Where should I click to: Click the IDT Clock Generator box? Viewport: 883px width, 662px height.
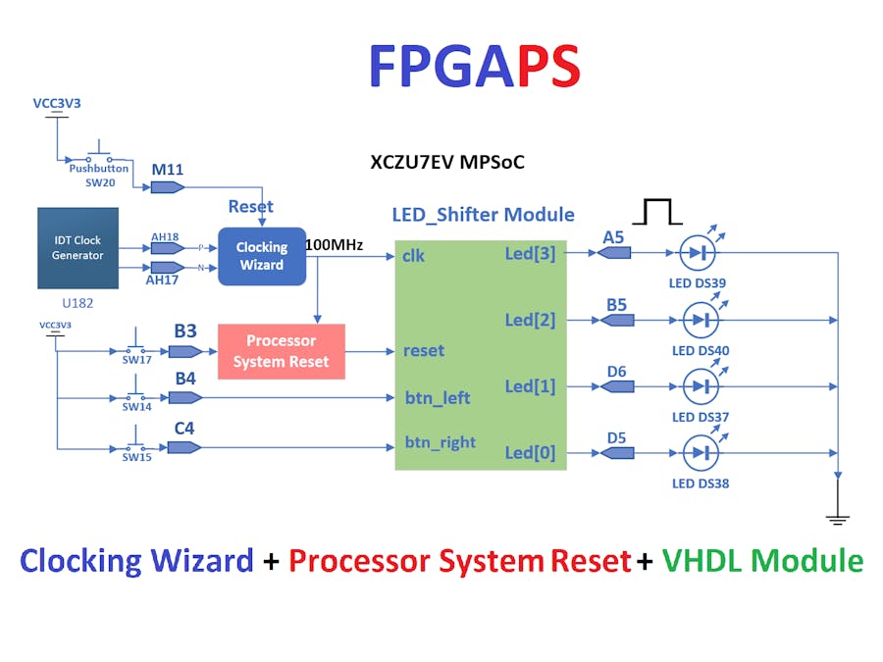click(78, 247)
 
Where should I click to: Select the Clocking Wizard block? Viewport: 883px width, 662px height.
click(262, 256)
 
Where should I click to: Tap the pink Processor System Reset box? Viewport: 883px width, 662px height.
click(281, 351)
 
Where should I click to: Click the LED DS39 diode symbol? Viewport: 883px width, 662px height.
click(699, 253)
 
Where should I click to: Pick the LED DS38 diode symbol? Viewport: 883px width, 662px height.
click(699, 453)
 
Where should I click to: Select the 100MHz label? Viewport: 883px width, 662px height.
click(335, 243)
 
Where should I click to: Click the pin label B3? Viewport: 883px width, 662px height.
click(185, 331)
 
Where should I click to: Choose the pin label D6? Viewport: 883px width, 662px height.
click(616, 371)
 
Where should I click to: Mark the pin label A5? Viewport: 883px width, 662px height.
click(613, 236)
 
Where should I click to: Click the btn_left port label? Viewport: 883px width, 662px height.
click(438, 397)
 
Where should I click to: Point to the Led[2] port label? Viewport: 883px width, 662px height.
click(530, 320)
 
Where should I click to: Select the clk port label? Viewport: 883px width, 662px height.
click(413, 257)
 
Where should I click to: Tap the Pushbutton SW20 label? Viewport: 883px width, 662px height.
click(98, 176)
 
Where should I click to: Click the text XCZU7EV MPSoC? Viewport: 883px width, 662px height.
click(446, 162)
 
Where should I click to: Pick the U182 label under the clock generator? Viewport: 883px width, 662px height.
click(77, 304)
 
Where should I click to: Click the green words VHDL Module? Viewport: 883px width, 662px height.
click(762, 561)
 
